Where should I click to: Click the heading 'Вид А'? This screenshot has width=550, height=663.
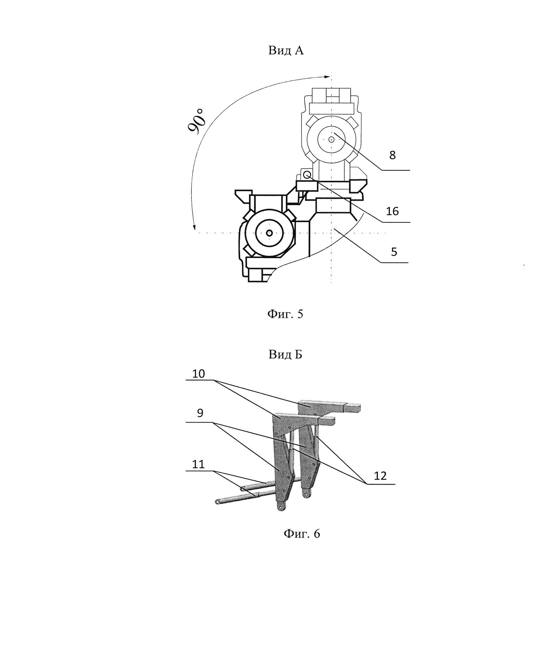pyautogui.click(x=286, y=50)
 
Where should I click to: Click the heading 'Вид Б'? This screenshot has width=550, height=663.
pyautogui.click(x=285, y=354)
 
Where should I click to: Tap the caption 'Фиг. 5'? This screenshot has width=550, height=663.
pyautogui.click(x=285, y=314)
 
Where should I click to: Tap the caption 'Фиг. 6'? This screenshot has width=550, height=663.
pyautogui.click(x=302, y=534)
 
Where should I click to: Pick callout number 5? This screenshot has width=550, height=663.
pyautogui.click(x=394, y=252)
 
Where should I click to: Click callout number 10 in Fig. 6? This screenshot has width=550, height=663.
pyautogui.click(x=198, y=374)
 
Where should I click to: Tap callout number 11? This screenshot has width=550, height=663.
pyautogui.click(x=198, y=464)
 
